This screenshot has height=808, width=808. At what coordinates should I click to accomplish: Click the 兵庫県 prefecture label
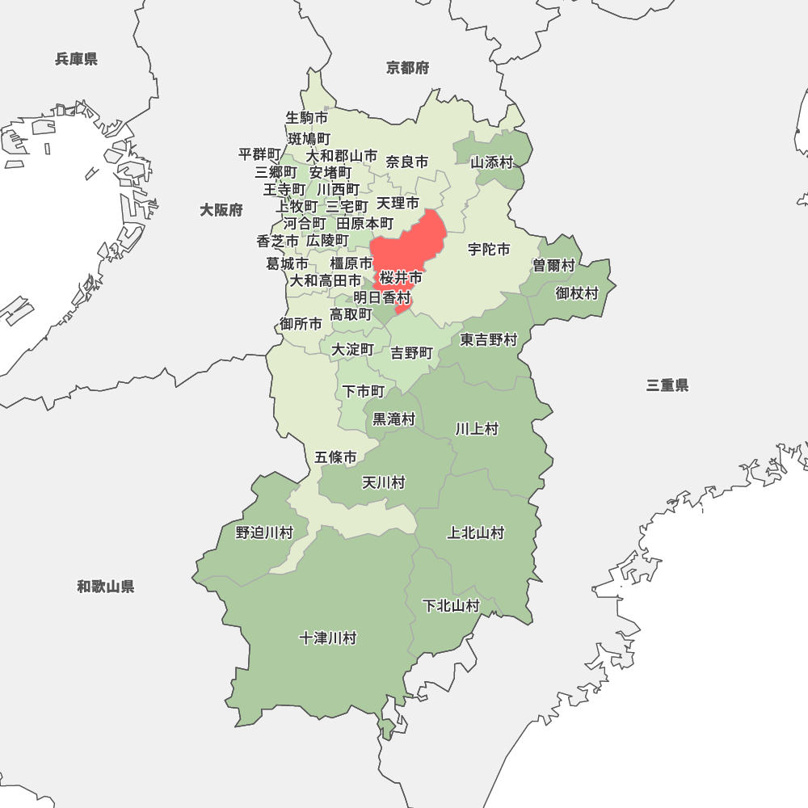point(77,59)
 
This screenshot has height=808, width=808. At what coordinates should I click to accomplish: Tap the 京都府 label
point(407,68)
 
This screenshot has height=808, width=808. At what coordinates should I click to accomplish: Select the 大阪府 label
point(221,210)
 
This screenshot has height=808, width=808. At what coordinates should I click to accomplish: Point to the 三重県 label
point(667,385)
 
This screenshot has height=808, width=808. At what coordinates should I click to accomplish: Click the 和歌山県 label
point(106,587)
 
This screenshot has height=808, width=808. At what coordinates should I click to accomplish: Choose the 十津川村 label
point(327,638)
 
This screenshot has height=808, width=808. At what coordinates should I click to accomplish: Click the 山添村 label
point(492,162)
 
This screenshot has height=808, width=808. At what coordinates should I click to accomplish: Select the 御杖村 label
point(577,293)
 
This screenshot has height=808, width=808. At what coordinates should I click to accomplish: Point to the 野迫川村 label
point(264,532)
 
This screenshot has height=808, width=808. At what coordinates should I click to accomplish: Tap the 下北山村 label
point(451,606)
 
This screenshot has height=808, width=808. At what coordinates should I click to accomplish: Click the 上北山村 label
point(476,532)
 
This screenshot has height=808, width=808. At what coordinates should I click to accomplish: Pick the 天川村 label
point(383,482)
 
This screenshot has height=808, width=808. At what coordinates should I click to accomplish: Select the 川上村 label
point(477,428)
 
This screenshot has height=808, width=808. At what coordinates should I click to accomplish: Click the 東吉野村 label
point(489,340)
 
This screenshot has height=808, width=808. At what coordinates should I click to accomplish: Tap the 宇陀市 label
point(489,250)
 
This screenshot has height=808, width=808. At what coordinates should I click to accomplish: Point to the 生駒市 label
point(307,118)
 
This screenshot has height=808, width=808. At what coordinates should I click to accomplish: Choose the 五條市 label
point(335,457)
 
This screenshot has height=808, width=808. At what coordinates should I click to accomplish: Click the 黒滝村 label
point(393,419)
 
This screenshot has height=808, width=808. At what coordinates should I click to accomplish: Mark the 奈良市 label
point(407,162)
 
